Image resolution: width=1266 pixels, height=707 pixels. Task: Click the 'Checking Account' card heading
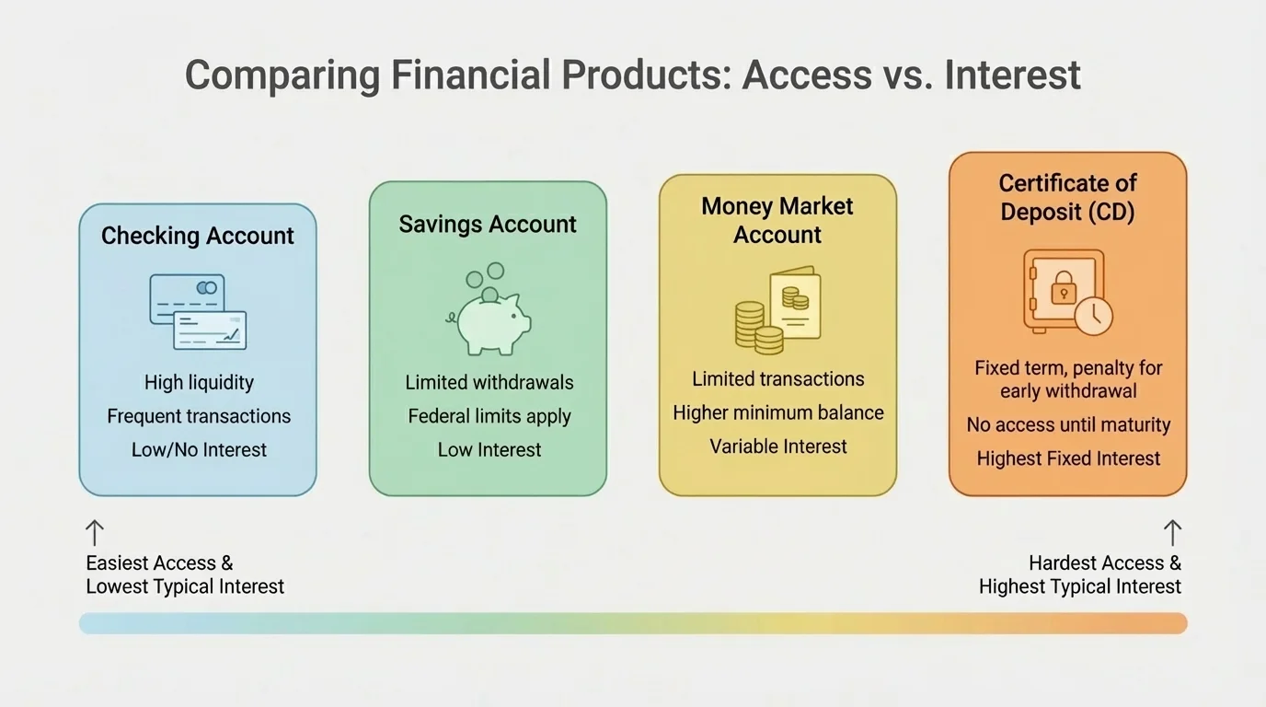coord(198,236)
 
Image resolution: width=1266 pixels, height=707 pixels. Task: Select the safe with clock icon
coord(1067,292)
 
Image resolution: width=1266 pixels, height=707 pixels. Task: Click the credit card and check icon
coord(198,311)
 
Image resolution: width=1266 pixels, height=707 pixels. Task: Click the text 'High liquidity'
coord(199,382)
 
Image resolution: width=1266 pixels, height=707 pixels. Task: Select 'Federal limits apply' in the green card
coord(489,416)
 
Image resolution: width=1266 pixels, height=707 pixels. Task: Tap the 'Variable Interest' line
coord(778,446)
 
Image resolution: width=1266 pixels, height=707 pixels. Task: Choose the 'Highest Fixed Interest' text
coord(1068,458)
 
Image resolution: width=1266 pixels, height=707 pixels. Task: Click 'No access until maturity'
coord(1068,425)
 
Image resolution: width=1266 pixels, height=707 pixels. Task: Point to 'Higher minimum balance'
coord(778,412)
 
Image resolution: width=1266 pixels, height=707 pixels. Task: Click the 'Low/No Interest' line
coord(199,450)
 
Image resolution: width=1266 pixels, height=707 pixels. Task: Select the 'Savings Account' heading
coord(488,225)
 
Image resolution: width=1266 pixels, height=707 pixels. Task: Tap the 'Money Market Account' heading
coord(777,220)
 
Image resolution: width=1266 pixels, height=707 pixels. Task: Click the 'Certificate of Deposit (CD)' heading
coord(1068,197)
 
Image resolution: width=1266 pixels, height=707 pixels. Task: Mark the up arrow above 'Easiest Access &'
coord(94,533)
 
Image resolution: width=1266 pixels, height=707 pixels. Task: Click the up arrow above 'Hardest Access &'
coord(1171,533)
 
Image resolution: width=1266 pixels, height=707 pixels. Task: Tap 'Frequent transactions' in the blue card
coord(199,416)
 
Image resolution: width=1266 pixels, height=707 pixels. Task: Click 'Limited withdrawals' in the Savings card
coord(489,382)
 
